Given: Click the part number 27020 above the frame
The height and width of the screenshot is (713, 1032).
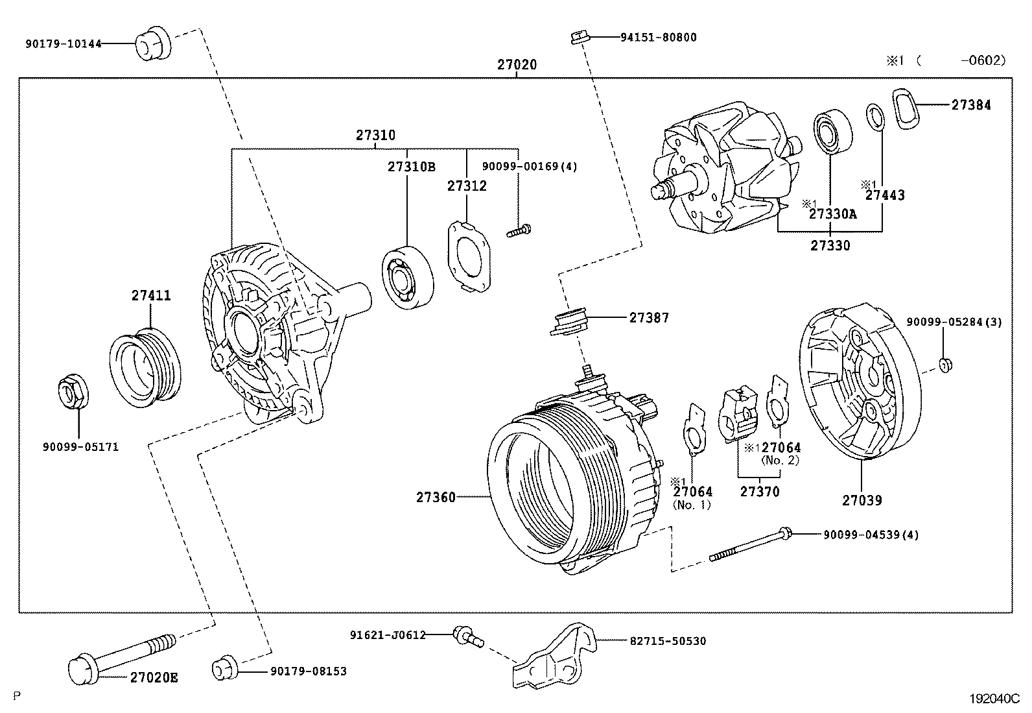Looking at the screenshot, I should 517,65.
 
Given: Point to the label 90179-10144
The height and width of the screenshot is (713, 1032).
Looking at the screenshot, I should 64,44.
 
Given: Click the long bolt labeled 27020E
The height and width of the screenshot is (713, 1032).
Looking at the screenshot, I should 123,655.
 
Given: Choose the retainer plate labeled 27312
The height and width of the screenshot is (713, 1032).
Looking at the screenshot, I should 468,256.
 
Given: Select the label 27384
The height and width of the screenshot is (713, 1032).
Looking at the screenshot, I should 970,104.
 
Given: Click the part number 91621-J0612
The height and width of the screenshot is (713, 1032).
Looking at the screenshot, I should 387,634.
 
